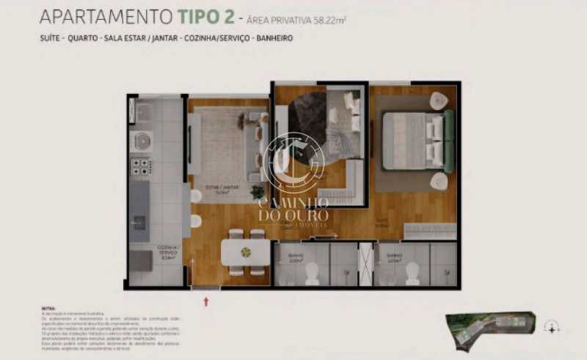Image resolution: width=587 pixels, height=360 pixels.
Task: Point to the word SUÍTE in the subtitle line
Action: [51, 37]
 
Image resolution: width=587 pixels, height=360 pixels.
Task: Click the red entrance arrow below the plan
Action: [206, 301]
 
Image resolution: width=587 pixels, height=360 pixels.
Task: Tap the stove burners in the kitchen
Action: [140, 166]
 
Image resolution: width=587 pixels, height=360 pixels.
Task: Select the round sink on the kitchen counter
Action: [141, 139]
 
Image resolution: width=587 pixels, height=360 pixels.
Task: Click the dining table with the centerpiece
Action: [246, 251]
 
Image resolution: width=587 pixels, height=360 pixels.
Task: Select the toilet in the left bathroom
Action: [312, 274]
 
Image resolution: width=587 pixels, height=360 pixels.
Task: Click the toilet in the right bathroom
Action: [412, 274]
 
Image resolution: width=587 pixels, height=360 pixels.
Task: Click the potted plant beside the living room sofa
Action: [258, 191]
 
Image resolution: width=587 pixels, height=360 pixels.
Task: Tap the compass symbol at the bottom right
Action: [552, 328]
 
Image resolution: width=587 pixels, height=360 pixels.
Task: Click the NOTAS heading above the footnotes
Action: [49, 309]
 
